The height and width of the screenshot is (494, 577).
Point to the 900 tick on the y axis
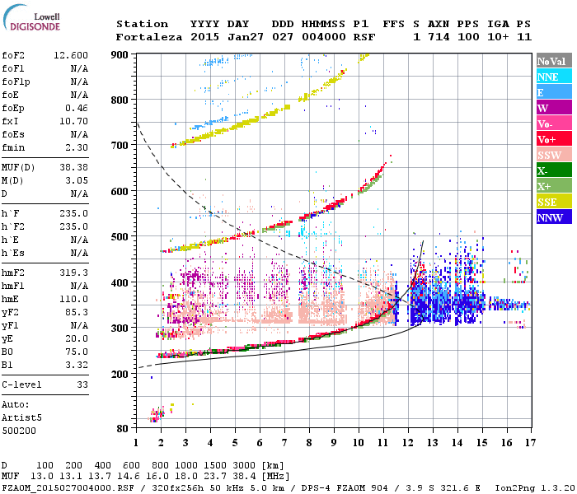pos(121,55)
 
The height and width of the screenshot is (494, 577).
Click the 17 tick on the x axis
pos(528,442)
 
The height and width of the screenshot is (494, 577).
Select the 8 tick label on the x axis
pos(310,442)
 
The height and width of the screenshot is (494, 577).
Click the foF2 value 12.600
pos(71,55)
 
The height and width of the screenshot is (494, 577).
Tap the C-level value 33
pos(82,384)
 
